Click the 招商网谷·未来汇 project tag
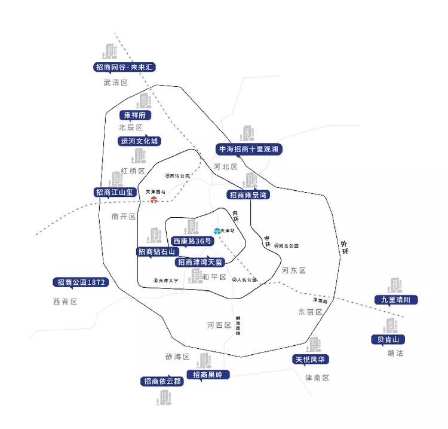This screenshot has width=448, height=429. (x=125, y=67)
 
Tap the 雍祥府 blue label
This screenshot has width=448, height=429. (x=135, y=115)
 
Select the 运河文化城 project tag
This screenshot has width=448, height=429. (x=140, y=142)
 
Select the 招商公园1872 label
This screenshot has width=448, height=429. (x=81, y=282)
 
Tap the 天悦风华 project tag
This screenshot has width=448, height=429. (x=311, y=360)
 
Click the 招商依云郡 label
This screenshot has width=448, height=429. (x=162, y=381)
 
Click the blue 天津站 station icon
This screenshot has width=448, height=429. (x=217, y=231)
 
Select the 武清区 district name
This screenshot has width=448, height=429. (x=116, y=83)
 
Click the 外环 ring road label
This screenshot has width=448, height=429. (x=344, y=247)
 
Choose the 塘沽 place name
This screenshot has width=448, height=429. (x=395, y=353)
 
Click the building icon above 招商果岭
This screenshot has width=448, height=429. (x=205, y=360)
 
